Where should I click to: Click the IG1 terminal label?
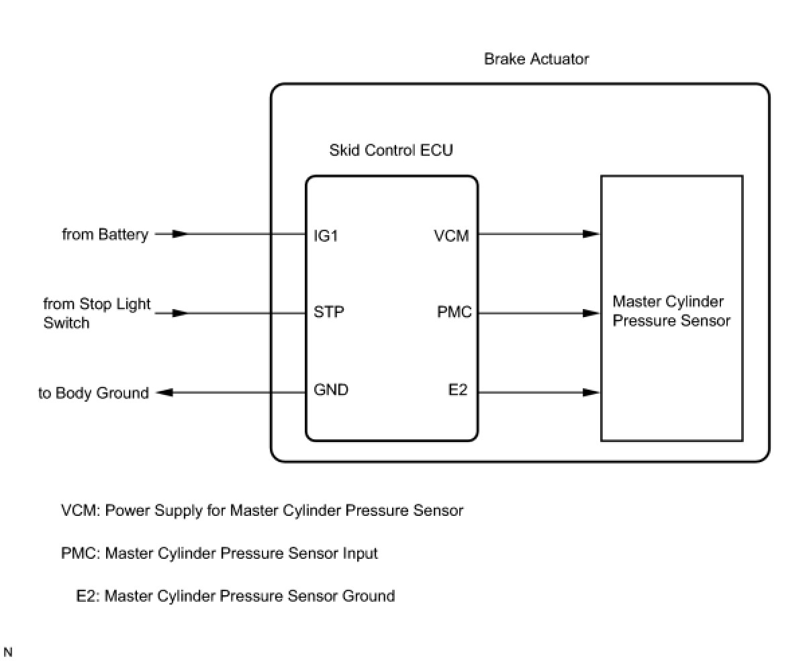point(326,236)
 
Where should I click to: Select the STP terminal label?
point(329,312)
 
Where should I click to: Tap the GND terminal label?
point(331,390)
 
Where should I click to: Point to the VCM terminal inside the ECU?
point(451,236)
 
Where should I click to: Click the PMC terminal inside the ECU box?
point(455,312)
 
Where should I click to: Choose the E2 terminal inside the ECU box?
point(458,390)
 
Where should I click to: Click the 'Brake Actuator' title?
point(536,59)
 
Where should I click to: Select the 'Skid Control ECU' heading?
point(391,150)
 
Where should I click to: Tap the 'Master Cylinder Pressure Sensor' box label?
point(671,311)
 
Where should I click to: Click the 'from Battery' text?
point(105,234)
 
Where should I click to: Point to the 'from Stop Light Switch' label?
point(97,313)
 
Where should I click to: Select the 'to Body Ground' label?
point(93,393)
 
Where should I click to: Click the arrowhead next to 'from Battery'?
point(180,234)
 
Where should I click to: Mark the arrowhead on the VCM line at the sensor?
point(591,234)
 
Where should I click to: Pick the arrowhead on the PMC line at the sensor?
point(591,313)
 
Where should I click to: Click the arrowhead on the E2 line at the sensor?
point(591,392)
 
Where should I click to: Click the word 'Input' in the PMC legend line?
point(359,554)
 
